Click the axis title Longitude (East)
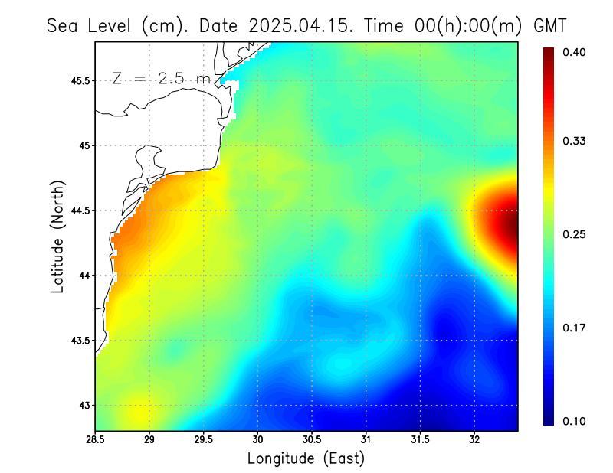[x=306, y=458]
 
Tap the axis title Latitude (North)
[x=57, y=236]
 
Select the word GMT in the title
[x=549, y=25]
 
